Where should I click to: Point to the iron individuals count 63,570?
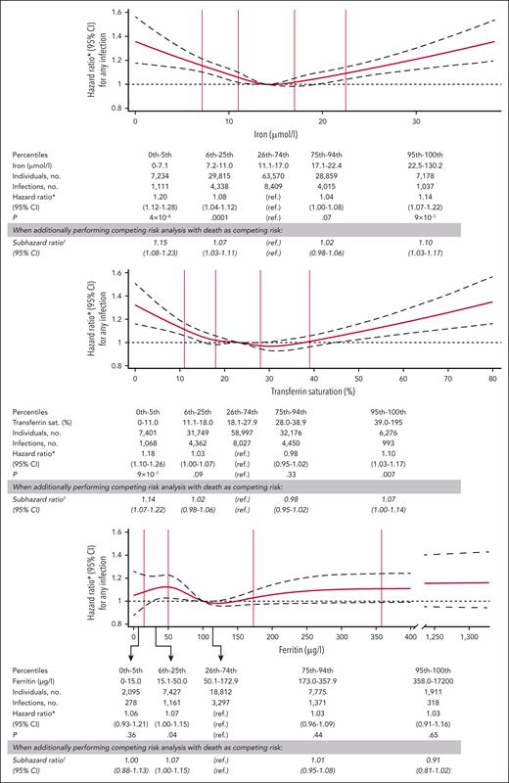(265, 176)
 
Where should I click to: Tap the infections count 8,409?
(265, 186)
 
